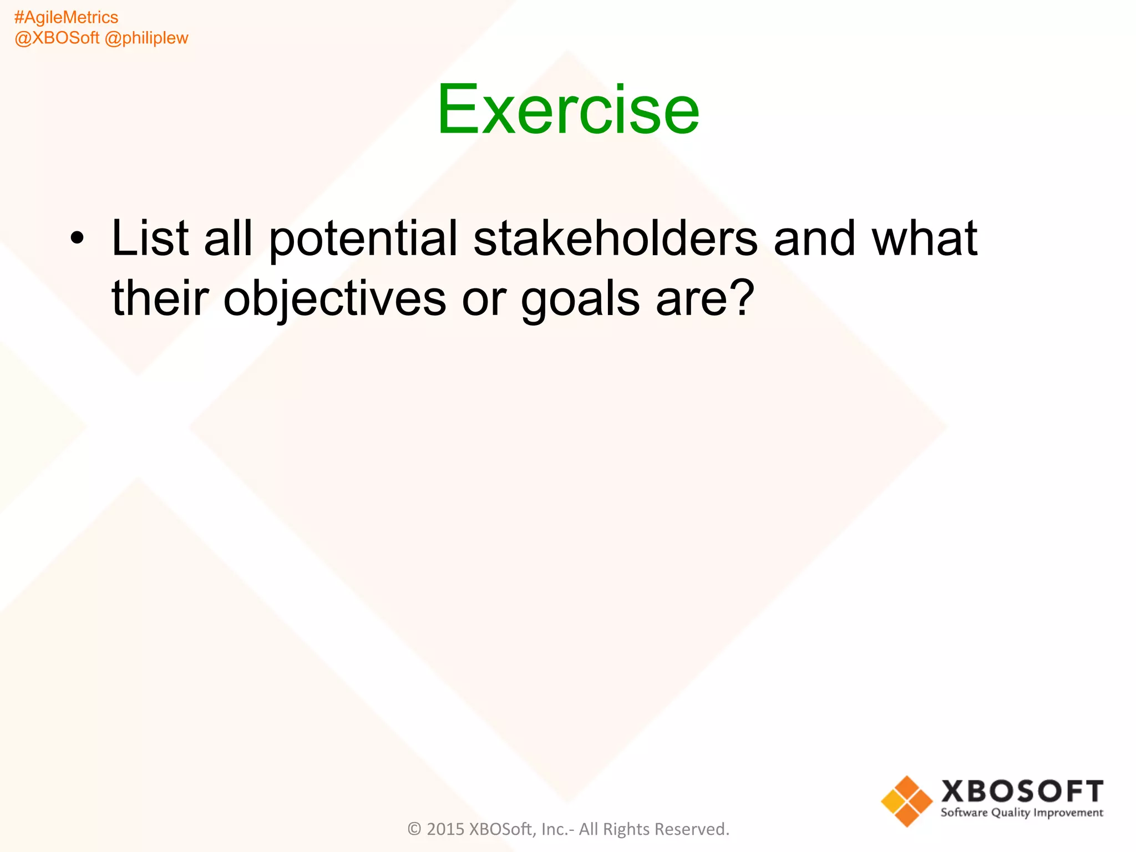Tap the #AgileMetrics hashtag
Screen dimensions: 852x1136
66,18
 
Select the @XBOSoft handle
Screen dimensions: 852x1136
57,38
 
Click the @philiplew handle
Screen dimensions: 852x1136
146,38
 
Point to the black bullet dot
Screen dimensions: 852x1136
78,239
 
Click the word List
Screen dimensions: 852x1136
150,239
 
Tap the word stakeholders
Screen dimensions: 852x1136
615,239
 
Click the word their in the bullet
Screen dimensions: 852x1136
160,298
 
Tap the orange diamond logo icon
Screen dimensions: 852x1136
906,801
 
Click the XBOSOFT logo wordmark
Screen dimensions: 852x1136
1022,792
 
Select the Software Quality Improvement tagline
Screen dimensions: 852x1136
1022,813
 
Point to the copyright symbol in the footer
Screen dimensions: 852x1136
414,829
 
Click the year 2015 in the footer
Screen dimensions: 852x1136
445,829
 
